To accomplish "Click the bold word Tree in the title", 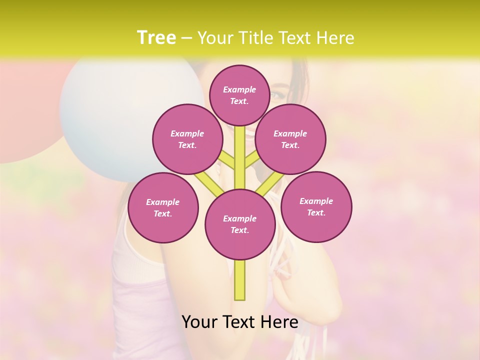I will click(156, 37).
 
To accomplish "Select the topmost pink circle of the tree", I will click(239, 95).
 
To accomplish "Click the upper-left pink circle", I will click(187, 139).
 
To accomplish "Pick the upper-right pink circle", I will click(290, 139).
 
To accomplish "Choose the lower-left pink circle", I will click(163, 207).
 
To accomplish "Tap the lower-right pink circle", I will click(316, 206).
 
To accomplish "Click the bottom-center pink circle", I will click(240, 224).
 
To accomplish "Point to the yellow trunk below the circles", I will click(240, 280).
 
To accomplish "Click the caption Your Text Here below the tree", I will click(240, 322).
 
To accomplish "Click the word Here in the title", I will click(335, 38).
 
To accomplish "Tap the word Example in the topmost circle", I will click(239, 89).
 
